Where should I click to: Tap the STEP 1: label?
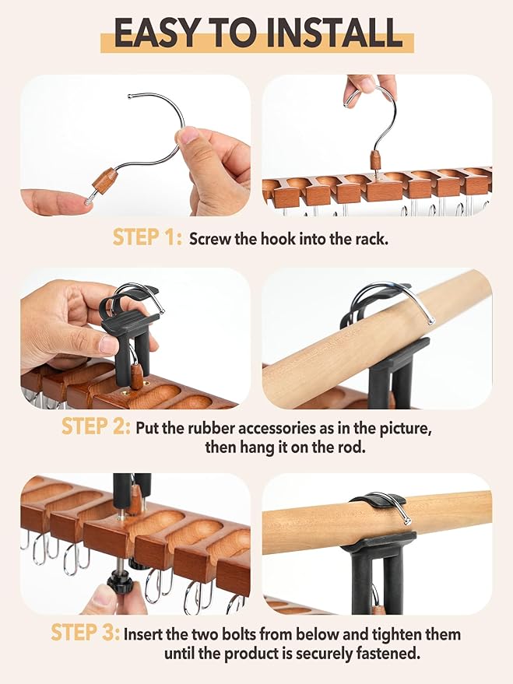(x=147, y=238)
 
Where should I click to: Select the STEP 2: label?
(x=96, y=426)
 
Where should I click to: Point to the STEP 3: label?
(x=85, y=633)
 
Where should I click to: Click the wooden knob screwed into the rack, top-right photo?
(x=378, y=161)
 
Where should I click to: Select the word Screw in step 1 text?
(x=209, y=239)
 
